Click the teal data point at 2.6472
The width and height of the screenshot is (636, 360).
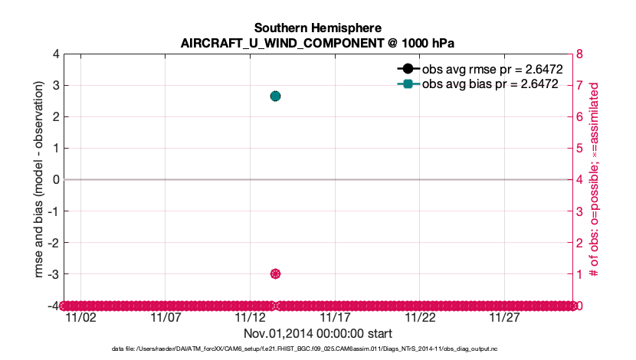[275, 96]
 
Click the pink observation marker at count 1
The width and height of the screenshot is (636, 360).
[275, 274]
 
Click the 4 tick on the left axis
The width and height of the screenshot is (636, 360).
[56, 54]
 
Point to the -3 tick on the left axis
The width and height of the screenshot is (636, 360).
[54, 274]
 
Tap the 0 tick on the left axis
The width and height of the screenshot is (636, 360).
[56, 180]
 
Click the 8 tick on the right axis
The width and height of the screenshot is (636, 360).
[580, 54]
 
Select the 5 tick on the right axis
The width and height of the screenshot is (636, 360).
[580, 149]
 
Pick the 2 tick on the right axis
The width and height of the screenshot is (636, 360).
[580, 243]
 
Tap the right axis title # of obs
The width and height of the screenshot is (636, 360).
[603, 180]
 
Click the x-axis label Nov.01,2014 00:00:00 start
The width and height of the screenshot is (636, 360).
[318, 334]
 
